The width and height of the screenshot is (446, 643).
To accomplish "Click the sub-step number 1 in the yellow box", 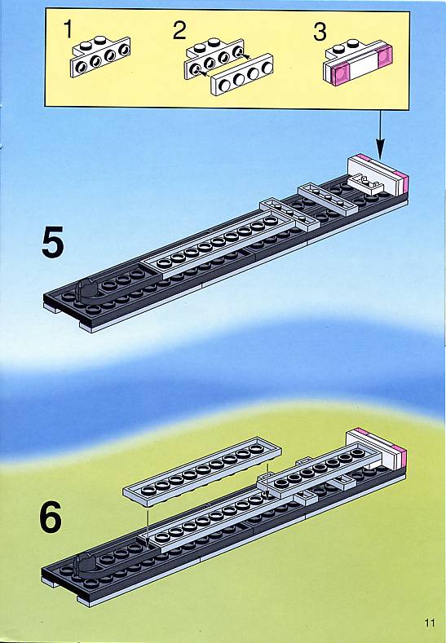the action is (69, 29).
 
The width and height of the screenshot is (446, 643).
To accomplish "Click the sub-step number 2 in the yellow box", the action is (179, 31).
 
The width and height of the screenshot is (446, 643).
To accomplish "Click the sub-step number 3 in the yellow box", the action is (320, 32).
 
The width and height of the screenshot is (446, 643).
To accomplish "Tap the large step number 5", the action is (53, 242).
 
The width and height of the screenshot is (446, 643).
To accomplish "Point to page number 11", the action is (430, 623).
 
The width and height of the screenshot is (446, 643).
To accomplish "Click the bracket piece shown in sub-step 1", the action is (100, 56).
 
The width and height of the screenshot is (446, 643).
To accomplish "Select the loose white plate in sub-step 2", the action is (242, 75).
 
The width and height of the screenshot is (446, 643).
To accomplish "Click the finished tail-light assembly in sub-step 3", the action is (358, 62).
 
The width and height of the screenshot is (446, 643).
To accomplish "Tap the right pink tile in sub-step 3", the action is (386, 57).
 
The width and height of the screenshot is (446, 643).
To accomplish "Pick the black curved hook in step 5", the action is (87, 292).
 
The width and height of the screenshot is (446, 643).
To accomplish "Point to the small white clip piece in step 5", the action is (365, 183).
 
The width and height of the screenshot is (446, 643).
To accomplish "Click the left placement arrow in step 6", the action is (148, 526).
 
